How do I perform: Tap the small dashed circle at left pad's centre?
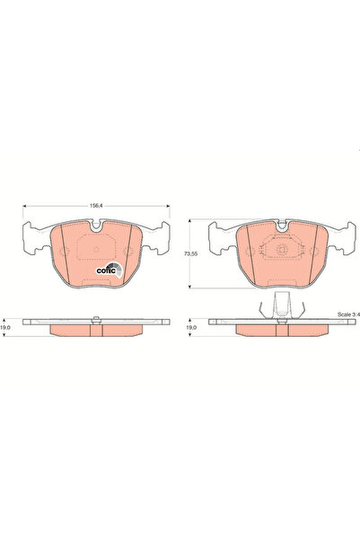pos(97,252)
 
